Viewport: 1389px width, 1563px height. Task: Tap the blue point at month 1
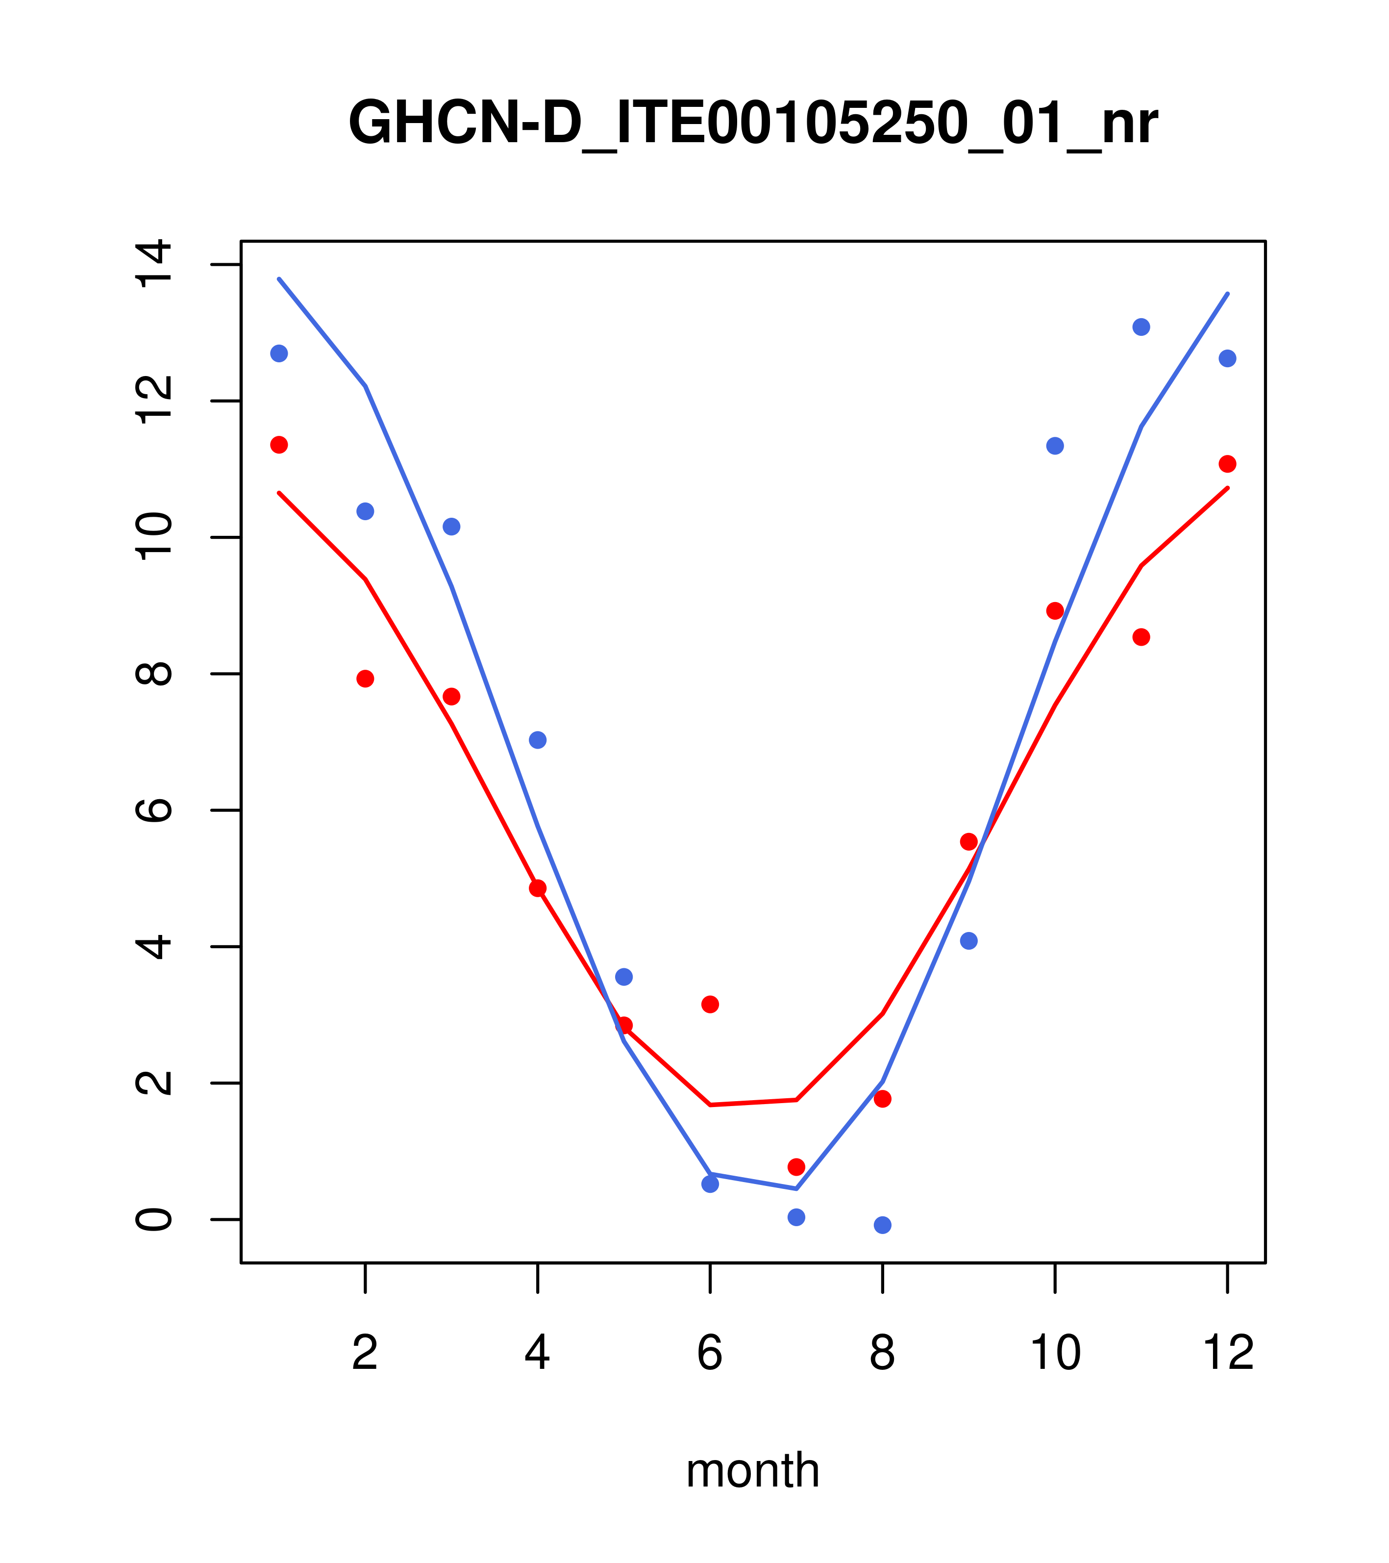279,353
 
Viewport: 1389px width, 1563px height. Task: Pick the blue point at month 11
1141,328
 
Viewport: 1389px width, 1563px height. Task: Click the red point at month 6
710,1004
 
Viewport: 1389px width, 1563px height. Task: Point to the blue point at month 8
882,1225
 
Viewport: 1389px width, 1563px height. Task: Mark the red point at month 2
366,679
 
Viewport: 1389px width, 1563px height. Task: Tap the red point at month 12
1228,464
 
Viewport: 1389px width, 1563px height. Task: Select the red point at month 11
1141,637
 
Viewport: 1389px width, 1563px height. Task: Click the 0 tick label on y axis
153,1220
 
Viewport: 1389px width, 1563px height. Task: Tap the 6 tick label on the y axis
153,810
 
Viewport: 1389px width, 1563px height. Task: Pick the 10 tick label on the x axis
1055,1354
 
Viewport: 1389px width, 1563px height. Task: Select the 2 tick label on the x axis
366,1354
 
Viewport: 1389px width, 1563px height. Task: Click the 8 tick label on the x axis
882,1354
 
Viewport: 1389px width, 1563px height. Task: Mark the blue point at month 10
1055,446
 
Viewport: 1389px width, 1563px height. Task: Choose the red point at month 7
796,1167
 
